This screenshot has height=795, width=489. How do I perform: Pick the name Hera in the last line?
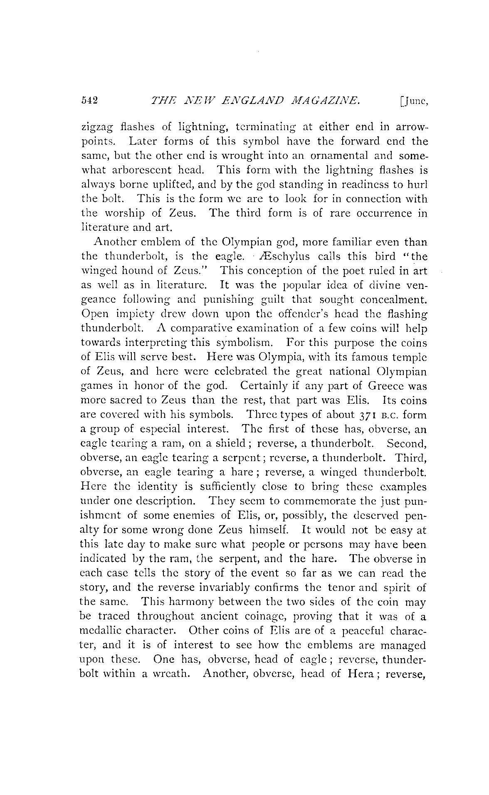[359, 674]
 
